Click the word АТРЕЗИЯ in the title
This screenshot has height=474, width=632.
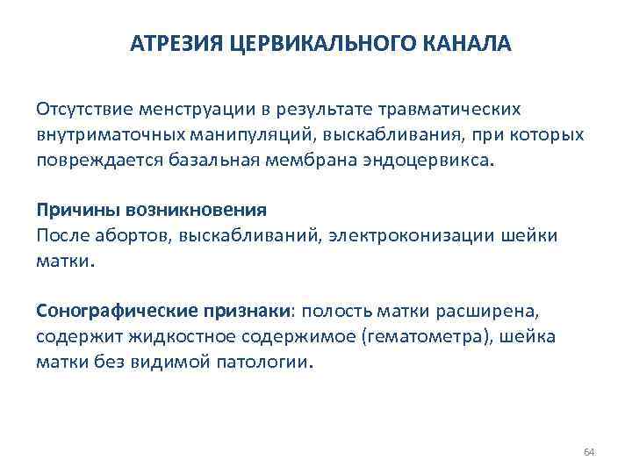178,44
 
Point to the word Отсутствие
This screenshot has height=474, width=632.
82,110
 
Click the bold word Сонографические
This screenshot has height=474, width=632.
109,312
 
